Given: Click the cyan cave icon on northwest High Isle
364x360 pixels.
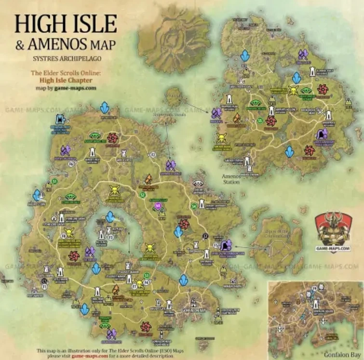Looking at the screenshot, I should click(60, 119).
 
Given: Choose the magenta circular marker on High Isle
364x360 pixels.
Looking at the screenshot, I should click(157, 206).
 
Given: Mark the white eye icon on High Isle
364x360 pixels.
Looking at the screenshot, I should click(197, 183).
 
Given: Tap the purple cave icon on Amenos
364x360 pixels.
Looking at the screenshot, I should click(322, 134).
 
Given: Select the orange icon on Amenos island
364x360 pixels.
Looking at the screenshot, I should click(237, 117).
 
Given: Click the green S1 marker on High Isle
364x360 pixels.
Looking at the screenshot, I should click(55, 181).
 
